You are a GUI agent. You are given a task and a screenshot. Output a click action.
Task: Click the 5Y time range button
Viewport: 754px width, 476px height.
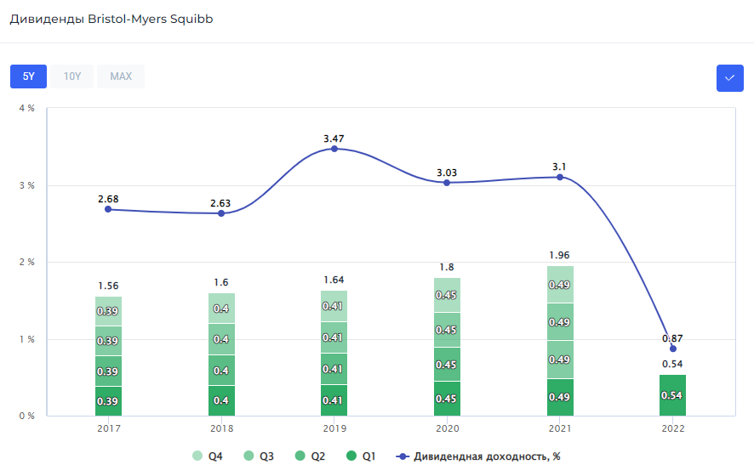(28, 76)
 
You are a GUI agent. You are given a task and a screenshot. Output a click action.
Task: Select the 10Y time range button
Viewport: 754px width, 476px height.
(72, 76)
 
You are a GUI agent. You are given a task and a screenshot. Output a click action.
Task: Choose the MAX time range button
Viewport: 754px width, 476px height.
(121, 76)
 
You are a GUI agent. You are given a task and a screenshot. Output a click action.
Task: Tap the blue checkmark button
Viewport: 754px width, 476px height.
(729, 78)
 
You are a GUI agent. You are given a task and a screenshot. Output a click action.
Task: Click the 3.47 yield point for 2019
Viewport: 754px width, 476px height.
(334, 149)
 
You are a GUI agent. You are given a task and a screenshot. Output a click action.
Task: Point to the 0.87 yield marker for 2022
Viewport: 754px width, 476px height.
(673, 348)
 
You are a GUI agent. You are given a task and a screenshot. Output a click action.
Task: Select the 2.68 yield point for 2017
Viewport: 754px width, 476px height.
(108, 209)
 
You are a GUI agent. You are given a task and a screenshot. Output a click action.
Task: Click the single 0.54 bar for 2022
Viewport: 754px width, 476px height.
(672, 395)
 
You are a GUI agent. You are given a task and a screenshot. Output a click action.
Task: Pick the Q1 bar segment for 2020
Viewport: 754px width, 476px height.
(447, 399)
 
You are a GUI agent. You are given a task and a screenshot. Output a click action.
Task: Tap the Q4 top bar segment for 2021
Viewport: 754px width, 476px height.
(560, 285)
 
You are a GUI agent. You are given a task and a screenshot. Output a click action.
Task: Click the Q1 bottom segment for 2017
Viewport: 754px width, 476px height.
(108, 401)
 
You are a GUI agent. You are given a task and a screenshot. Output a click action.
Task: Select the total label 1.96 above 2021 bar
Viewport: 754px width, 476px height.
(560, 254)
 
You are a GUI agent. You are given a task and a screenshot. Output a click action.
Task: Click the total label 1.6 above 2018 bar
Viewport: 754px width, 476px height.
(221, 282)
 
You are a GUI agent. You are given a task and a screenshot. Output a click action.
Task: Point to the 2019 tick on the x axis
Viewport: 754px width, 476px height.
(334, 429)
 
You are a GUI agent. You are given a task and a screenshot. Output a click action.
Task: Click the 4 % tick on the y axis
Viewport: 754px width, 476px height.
(27, 109)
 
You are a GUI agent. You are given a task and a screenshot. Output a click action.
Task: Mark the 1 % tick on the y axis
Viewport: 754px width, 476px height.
(27, 339)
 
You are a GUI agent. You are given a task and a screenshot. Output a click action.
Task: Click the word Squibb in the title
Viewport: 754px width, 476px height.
(191, 19)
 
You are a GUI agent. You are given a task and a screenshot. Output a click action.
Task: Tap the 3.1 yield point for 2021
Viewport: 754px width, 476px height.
(560, 177)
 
